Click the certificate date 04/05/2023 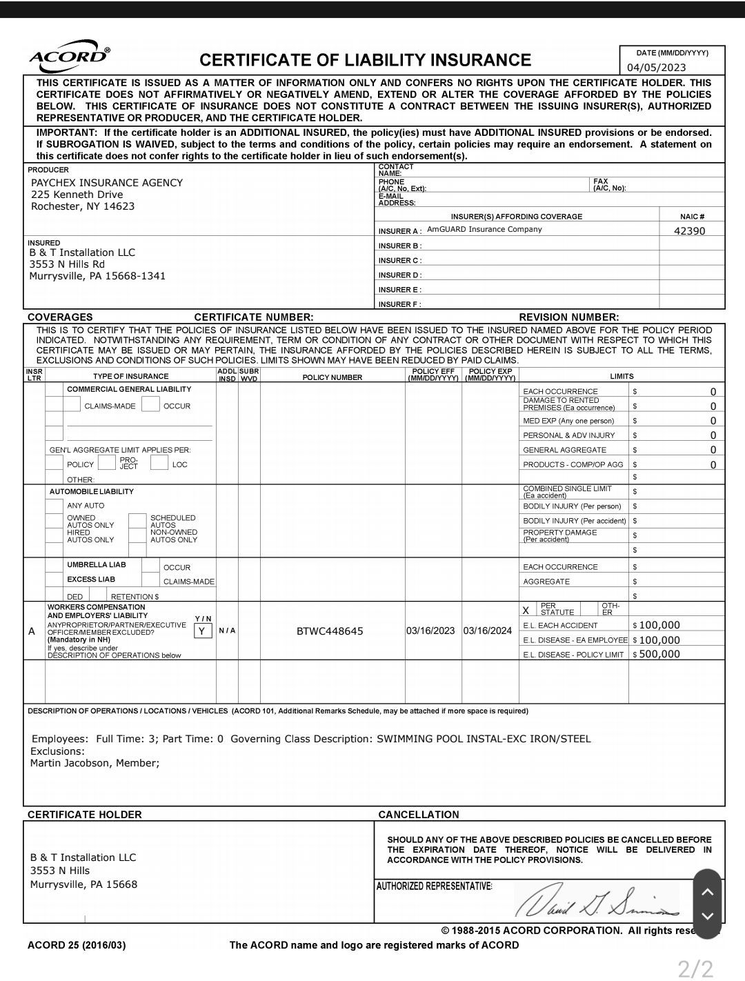pos(656,67)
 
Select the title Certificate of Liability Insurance pos(365,60)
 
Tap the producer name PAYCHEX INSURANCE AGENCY pos(107,183)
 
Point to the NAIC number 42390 pos(689,231)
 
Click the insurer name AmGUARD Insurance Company pos(484,230)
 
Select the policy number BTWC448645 pos(330,631)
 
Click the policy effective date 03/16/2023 pos(430,631)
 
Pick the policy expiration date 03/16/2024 pos(488,631)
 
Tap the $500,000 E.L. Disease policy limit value pos(659,654)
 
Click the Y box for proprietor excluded pos(202,631)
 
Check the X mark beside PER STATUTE pos(526,610)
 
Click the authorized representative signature pos(597,900)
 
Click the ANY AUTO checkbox pos(54,506)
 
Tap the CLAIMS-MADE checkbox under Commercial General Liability pos(72,406)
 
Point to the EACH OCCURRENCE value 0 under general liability pos(713,392)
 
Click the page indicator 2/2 pos(695,969)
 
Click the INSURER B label pos(400,246)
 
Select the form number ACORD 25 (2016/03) pos(77,945)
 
